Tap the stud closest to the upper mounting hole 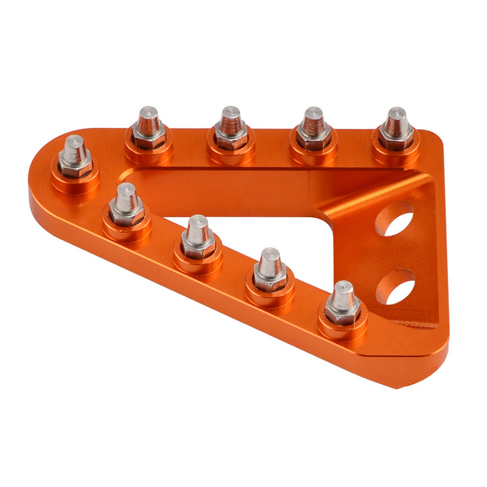point(396,129)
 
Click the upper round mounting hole point(394,219)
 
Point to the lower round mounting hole point(395,286)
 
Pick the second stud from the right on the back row point(314,129)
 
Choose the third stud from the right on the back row point(231,129)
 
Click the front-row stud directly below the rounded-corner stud point(126,204)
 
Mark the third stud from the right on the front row point(198,237)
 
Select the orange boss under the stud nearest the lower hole point(343,329)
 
